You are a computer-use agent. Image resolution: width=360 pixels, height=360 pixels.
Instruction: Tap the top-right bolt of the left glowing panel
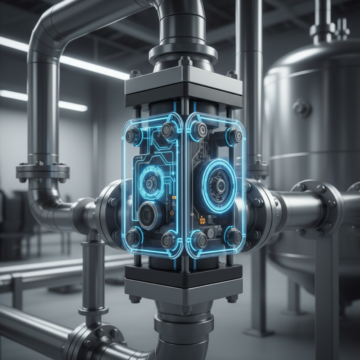(x=169, y=130)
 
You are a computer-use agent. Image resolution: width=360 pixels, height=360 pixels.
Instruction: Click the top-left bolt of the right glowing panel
(x=199, y=130)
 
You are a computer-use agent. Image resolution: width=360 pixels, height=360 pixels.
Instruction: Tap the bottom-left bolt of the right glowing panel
(x=199, y=240)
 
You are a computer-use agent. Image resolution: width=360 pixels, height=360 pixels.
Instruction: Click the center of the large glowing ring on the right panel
(x=220, y=184)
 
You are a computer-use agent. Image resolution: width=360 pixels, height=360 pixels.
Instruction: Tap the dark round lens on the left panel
(x=148, y=215)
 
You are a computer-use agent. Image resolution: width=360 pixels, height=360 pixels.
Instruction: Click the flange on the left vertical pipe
(x=43, y=171)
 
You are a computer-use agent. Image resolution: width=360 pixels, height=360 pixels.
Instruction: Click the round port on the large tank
(x=301, y=108)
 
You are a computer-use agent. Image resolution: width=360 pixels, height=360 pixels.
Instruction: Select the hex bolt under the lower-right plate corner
(x=232, y=298)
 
